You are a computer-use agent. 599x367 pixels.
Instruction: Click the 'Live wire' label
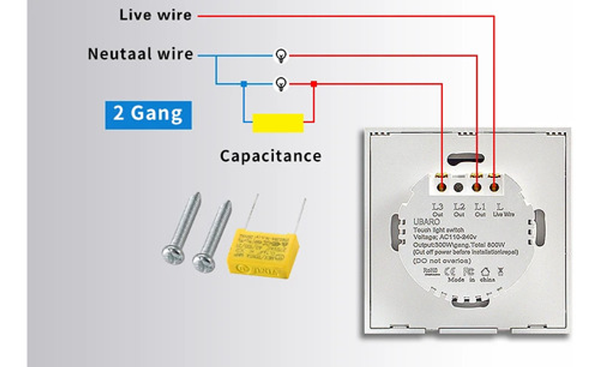pos(155,15)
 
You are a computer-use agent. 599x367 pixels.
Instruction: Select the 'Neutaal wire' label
pos(140,54)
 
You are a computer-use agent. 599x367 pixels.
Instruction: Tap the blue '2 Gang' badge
pos(148,113)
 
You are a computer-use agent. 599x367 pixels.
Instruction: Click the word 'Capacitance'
pos(270,155)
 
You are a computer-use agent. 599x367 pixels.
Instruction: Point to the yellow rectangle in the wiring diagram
pos(278,123)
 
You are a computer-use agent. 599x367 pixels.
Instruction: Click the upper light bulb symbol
pos(281,56)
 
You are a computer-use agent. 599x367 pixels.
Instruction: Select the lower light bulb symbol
pos(281,84)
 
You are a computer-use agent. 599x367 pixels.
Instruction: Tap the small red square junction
pos(314,84)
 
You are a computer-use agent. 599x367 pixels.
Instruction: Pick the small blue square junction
pos(244,84)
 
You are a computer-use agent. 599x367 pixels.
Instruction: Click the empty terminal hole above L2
pos(459,187)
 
